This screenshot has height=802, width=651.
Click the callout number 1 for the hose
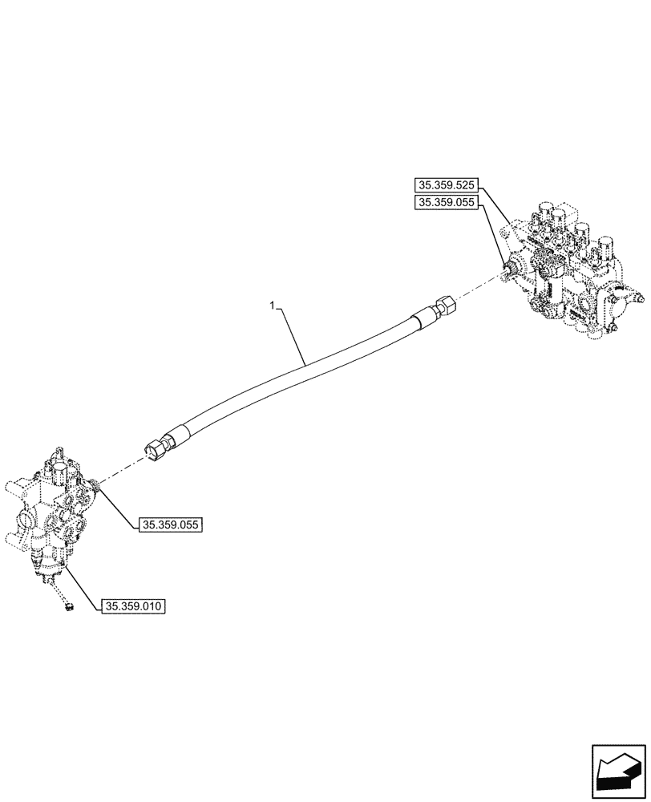(273, 306)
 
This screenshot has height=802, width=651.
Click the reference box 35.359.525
(446, 184)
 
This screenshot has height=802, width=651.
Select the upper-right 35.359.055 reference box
(446, 204)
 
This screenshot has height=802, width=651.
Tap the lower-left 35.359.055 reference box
(171, 525)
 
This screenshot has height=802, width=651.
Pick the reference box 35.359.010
(134, 606)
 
